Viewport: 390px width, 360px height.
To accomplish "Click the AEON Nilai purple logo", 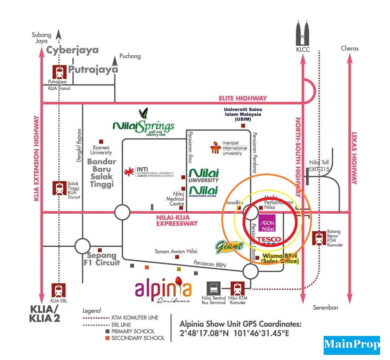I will [x=267, y=223].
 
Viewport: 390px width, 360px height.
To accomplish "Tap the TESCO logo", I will [x=269, y=240].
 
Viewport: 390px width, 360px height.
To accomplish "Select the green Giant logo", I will [x=229, y=246].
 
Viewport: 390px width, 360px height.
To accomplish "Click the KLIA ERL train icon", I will [x=58, y=290].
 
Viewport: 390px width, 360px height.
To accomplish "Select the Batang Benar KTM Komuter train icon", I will [x=319, y=238].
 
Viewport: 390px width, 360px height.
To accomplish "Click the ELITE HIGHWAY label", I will [x=243, y=98].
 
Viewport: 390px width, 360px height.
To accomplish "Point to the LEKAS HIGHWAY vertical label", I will [x=354, y=158].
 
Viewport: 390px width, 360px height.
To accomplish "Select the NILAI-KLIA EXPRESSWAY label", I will [x=177, y=220].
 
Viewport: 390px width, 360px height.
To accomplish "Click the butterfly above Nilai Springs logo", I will [x=143, y=113].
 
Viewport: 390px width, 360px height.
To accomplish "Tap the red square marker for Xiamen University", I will [x=101, y=142].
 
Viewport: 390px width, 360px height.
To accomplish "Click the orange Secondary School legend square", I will [x=107, y=338].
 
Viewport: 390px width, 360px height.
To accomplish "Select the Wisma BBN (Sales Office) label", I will [x=280, y=259].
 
